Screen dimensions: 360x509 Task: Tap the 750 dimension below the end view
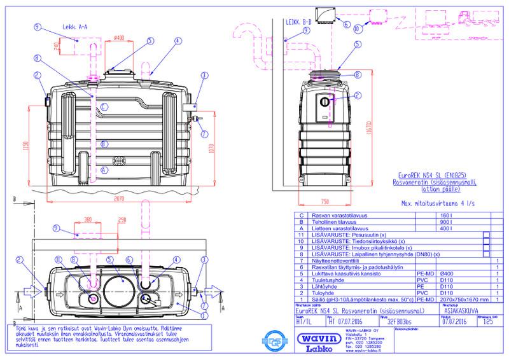pyautogui.click(x=326, y=202)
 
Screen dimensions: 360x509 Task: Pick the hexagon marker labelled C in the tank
pyautogui.click(x=104, y=105)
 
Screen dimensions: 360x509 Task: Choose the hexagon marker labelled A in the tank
pyautogui.click(x=104, y=170)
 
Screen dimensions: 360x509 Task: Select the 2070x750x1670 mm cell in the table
pyautogui.click(x=465, y=299)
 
